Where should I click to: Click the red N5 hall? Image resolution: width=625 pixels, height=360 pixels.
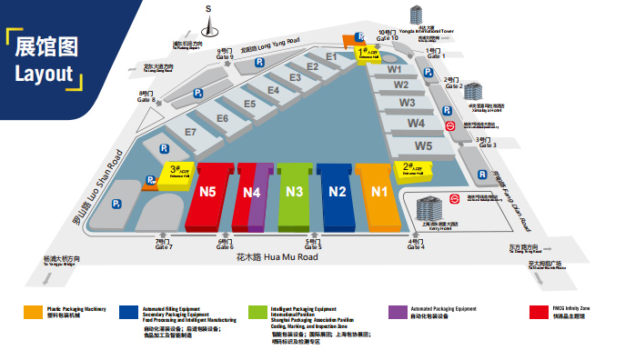pyautogui.click(x=208, y=193)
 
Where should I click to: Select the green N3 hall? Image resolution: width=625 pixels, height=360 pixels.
pyautogui.click(x=294, y=192)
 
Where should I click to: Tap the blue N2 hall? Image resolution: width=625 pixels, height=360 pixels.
pyautogui.click(x=338, y=192)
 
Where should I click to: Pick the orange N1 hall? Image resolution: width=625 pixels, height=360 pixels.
pyautogui.click(x=379, y=192)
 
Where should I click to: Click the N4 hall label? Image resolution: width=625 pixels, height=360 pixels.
pyautogui.click(x=252, y=193)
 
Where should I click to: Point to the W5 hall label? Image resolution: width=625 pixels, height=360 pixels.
pyautogui.click(x=423, y=145)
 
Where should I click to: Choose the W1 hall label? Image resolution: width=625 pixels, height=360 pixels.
pyautogui.click(x=394, y=69)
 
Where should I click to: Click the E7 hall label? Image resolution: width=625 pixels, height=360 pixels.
pyautogui.click(x=190, y=133)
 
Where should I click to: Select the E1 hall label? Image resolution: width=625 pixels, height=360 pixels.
pyautogui.click(x=331, y=57)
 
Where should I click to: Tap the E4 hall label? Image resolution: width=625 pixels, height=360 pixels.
pyautogui.click(x=273, y=90)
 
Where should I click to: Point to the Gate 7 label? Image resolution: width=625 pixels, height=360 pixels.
pyautogui.click(x=164, y=245)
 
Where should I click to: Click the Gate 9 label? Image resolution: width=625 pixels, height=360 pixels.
pyautogui.click(x=225, y=55)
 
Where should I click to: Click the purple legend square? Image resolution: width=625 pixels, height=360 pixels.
pyautogui.click(x=393, y=311)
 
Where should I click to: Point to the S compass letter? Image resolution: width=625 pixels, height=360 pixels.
pyautogui.click(x=208, y=9)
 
